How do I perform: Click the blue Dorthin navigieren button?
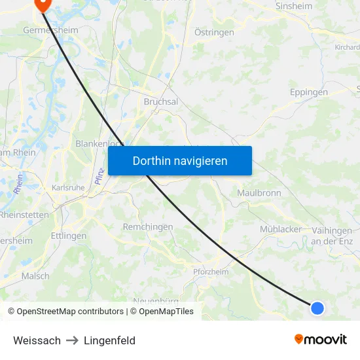[x=180, y=160]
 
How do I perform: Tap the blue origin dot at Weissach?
[x=317, y=308]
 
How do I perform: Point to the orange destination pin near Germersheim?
[x=43, y=5]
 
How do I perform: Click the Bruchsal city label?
[x=160, y=102]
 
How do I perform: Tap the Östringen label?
[x=215, y=32]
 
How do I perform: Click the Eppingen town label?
[x=309, y=92]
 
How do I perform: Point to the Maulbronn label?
[x=259, y=193]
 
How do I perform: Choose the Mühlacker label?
[x=281, y=229]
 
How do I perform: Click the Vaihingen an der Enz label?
[x=332, y=236]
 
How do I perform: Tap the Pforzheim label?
[x=211, y=272]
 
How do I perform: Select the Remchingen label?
[x=148, y=226]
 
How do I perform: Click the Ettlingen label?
[x=68, y=236]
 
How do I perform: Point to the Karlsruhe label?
[x=68, y=187]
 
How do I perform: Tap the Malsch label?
[x=35, y=276]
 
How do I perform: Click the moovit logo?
[x=320, y=340]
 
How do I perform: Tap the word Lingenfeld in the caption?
[x=109, y=340]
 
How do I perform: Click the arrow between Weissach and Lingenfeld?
[x=72, y=340]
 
